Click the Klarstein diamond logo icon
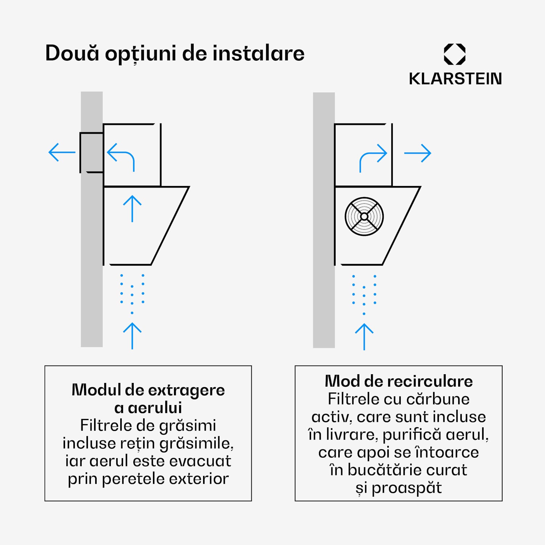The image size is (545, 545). click(x=455, y=54)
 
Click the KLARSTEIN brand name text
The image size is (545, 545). click(x=455, y=79)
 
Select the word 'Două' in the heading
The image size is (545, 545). click(x=72, y=53)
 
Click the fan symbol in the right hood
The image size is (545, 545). click(x=364, y=217)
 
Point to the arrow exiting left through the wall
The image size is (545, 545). click(x=61, y=152)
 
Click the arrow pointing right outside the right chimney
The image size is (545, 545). click(x=417, y=153)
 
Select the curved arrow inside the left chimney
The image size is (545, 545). click(x=121, y=156)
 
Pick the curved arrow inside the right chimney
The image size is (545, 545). click(x=373, y=157)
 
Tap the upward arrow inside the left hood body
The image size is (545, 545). click(x=132, y=209)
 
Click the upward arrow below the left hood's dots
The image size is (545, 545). click(x=132, y=336)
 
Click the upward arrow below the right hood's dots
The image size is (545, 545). click(x=364, y=336)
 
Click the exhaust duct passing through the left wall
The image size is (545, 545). click(x=92, y=152)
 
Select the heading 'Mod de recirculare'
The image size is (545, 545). click(x=399, y=381)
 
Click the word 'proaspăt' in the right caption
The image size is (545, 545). click(x=407, y=488)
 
